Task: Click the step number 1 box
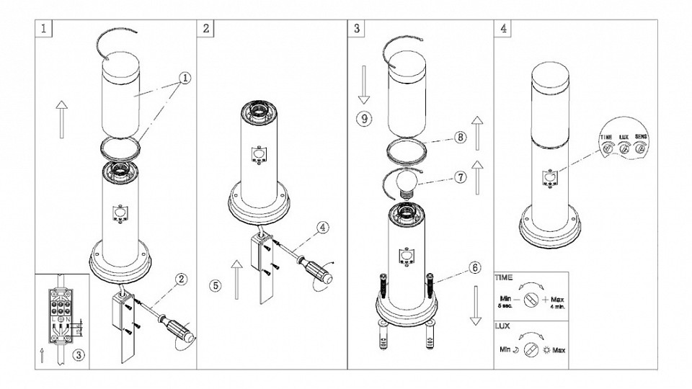pos(45,30)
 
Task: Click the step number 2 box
pos(207,30)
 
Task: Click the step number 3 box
pos(358,30)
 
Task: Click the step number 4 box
pos(502,30)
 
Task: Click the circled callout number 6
pos(474,267)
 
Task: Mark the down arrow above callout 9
pos(364,82)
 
